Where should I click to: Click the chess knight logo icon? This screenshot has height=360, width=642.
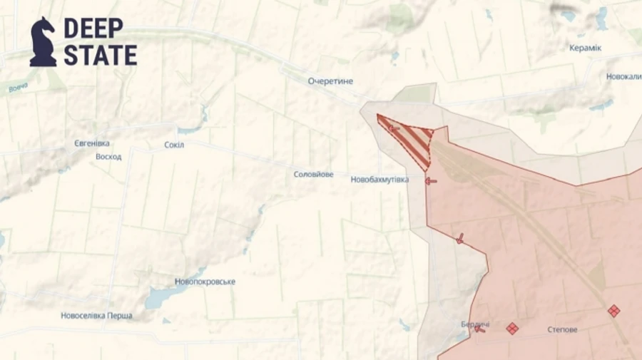[43, 42]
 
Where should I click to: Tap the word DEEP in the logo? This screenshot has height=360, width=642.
[93, 29]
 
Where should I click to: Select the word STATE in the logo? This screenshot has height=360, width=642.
[100, 56]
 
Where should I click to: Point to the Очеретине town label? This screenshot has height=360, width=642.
[330, 81]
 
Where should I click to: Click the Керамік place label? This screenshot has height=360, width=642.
[585, 48]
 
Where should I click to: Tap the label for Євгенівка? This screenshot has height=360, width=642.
[92, 143]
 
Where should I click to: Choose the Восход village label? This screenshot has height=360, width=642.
[108, 156]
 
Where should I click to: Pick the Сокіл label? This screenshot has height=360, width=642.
[174, 145]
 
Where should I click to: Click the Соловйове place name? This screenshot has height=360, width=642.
[313, 174]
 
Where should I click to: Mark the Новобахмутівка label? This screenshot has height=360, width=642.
[379, 180]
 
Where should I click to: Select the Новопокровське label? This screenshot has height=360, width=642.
[205, 282]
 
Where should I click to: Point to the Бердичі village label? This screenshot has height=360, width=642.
[474, 324]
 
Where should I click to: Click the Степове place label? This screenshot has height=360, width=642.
[562, 329]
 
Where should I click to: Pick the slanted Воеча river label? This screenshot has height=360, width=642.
[19, 88]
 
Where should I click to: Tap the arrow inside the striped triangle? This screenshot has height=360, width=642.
[392, 128]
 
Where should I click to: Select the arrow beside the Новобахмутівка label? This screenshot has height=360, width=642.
[431, 181]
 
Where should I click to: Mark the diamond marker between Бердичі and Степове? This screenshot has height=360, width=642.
[511, 329]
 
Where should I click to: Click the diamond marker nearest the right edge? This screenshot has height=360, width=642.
[613, 310]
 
